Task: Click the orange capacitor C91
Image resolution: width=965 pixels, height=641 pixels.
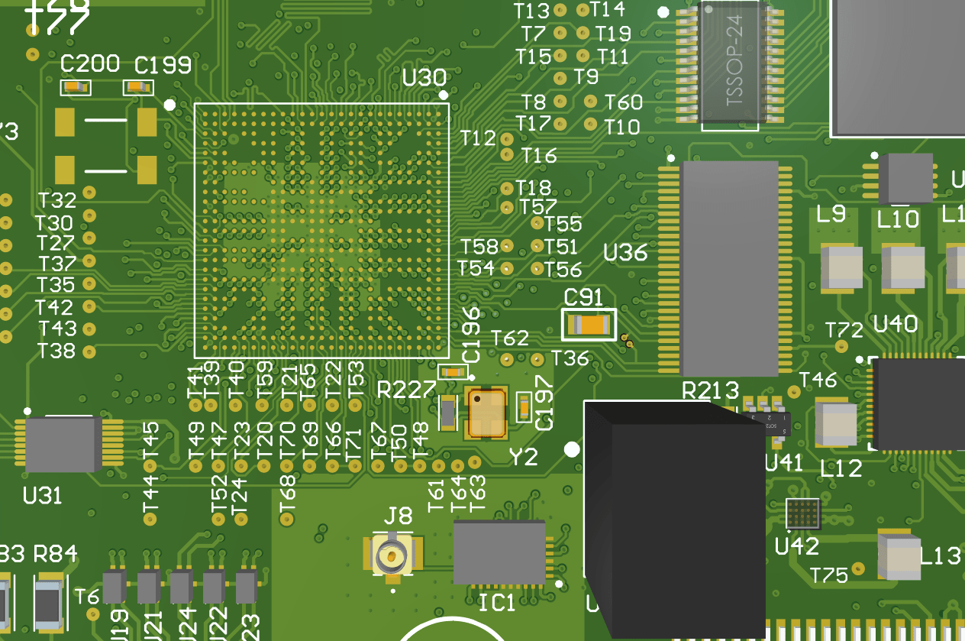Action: tap(589, 325)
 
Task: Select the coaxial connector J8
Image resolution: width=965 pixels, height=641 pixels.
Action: tap(392, 556)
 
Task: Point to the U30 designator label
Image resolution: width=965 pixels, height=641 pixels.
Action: tap(424, 78)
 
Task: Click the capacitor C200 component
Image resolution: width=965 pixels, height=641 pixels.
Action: tap(76, 87)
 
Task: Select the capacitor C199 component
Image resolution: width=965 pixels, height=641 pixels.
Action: tap(137, 87)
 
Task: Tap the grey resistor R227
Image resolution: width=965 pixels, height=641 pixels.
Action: tap(448, 413)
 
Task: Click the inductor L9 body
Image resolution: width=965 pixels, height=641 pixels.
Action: tap(841, 268)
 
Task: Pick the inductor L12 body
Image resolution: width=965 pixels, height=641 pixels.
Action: tap(836, 425)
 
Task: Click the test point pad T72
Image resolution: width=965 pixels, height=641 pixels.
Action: tap(842, 346)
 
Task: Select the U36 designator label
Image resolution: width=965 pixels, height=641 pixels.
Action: tap(625, 252)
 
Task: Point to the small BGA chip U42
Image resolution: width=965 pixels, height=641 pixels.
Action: tap(803, 514)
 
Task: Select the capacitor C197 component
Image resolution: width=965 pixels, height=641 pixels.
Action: tap(524, 406)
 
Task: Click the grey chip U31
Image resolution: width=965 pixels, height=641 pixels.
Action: tap(63, 444)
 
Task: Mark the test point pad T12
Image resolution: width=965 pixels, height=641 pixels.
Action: tap(508, 138)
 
